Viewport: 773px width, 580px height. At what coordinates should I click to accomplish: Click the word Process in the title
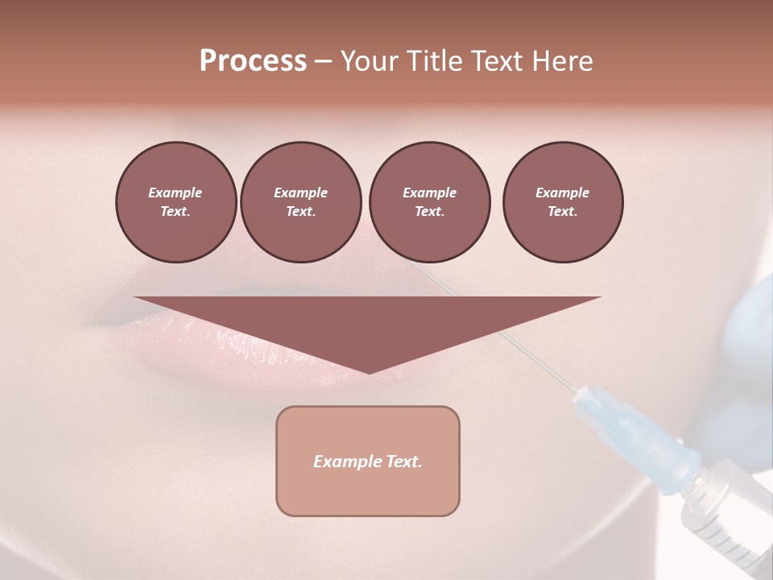coord(253,61)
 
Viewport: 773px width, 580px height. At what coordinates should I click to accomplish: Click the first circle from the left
coord(176,202)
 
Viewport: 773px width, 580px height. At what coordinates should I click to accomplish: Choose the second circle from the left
coord(300,202)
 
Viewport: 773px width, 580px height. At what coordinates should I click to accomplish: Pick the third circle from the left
coord(429,202)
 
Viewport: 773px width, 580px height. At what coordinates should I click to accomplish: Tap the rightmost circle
coord(562,202)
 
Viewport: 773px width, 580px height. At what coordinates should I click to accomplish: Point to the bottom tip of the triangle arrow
coord(368,372)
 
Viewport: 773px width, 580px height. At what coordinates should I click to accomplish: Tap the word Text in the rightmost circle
coord(562,212)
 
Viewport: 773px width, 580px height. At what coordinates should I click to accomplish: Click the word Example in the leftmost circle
coord(176,193)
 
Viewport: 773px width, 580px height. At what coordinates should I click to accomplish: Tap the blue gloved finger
coord(749,338)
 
